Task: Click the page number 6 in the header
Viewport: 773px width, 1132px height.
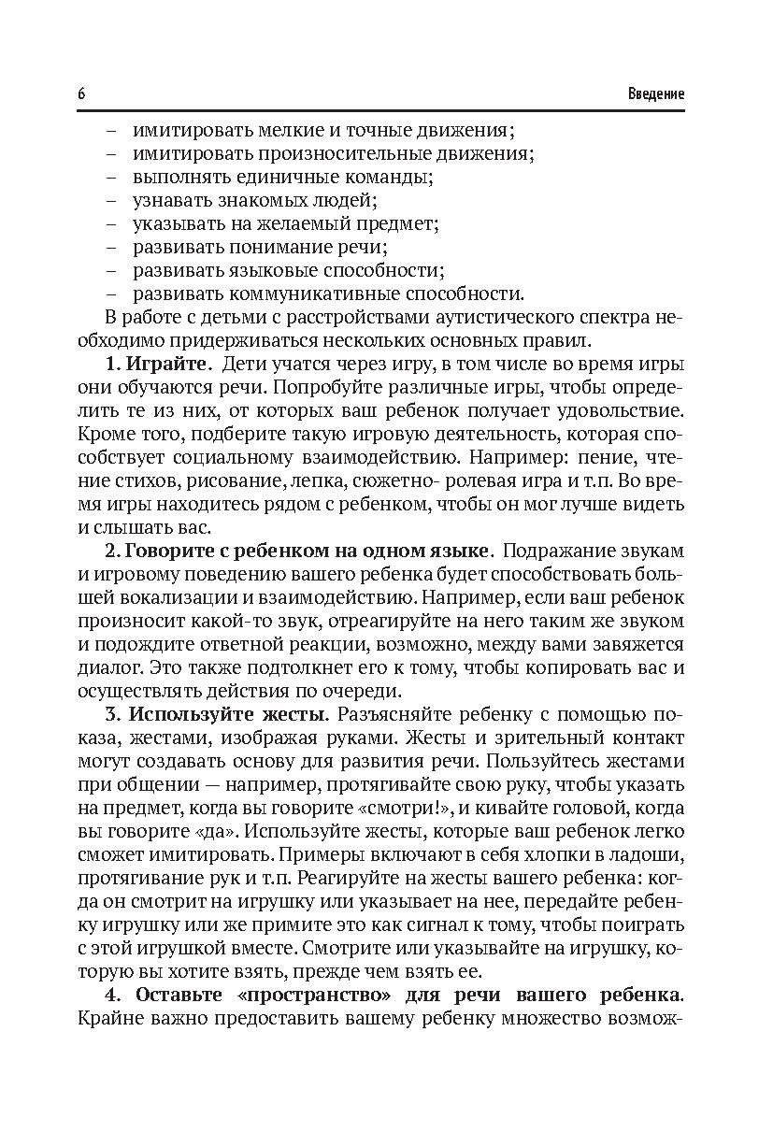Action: [x=82, y=94]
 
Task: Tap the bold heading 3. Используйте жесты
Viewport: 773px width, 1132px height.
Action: [x=216, y=714]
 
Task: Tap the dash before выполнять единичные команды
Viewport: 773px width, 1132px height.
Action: [x=111, y=176]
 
